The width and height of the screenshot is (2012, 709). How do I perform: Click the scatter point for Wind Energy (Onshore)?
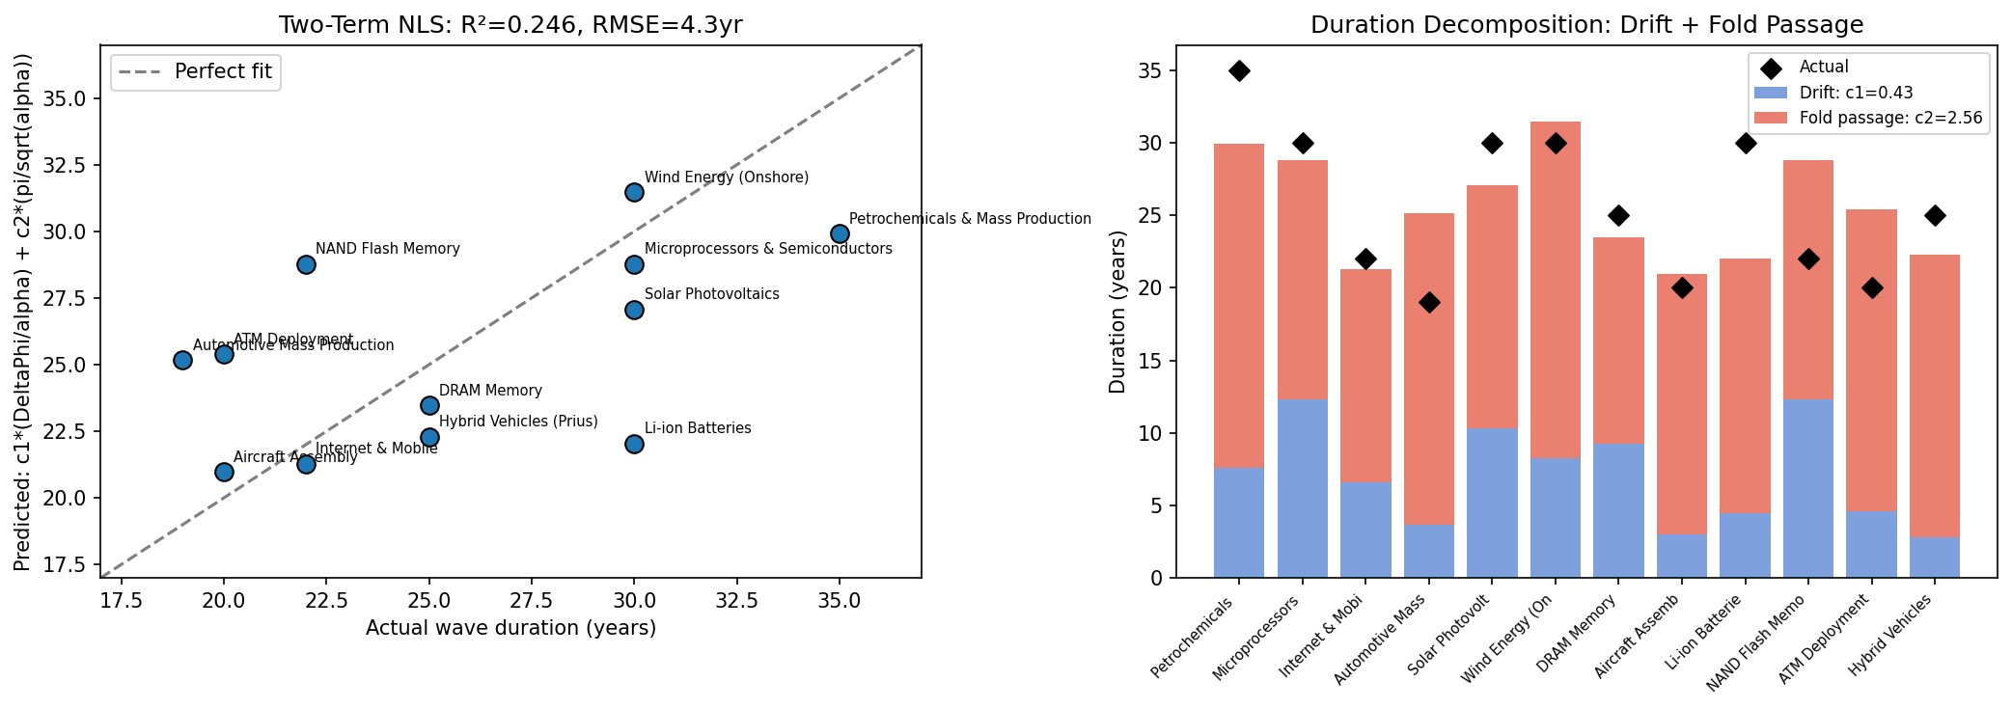tap(634, 192)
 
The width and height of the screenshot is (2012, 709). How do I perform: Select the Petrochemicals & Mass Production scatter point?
tap(840, 233)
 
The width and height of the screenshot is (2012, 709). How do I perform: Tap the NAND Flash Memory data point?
tap(306, 264)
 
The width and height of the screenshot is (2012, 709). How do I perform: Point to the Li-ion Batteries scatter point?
tap(634, 444)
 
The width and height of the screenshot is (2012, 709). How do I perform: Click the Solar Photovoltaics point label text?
tap(711, 294)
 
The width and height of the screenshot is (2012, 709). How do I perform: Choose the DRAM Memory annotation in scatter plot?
tap(490, 391)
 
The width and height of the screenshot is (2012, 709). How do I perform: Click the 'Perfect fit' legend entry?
tap(223, 71)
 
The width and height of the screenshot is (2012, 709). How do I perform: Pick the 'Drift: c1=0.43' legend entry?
tap(1856, 93)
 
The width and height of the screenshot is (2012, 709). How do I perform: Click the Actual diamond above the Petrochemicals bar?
tap(1239, 70)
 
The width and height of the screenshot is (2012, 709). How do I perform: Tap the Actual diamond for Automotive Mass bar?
tap(1429, 302)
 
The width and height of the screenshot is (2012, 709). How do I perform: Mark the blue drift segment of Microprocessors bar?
tap(1303, 487)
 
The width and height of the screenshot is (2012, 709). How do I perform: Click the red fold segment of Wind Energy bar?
tap(1556, 289)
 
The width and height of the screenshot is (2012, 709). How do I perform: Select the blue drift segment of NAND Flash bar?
tap(1808, 487)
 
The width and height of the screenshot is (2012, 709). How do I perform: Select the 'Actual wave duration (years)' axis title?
tap(510, 629)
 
